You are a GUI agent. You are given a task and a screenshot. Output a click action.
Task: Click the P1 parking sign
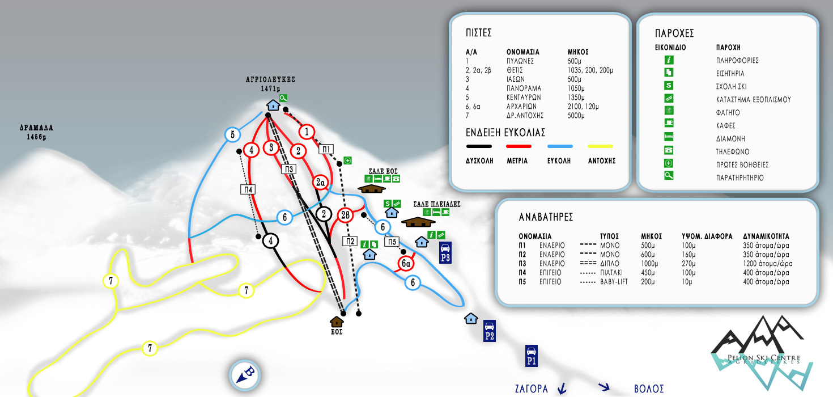pyautogui.click(x=532, y=356)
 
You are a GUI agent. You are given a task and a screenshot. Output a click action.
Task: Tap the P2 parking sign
pyautogui.click(x=490, y=331)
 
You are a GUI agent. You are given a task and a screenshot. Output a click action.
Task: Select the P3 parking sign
pyautogui.click(x=445, y=252)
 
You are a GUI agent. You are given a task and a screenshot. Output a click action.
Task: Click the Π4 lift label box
pyautogui.click(x=248, y=189)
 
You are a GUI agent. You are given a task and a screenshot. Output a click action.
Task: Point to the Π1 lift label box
pyautogui.click(x=326, y=149)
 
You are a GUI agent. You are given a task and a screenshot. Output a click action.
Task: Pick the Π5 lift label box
pyautogui.click(x=392, y=242)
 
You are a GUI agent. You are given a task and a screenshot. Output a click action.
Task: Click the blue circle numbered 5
pyautogui.click(x=233, y=134)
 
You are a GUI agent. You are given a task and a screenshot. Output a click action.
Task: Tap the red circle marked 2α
pyautogui.click(x=321, y=182)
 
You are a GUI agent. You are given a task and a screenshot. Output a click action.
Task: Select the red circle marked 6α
pyautogui.click(x=406, y=263)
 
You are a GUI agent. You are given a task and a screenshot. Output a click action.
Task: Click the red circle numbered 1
pyautogui.click(x=307, y=132)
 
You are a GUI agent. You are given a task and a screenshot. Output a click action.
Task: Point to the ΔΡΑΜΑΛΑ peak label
pyautogui.click(x=36, y=132)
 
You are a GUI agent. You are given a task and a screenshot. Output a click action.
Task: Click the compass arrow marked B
pyautogui.click(x=245, y=374)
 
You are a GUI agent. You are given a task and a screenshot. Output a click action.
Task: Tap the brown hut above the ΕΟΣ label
pyautogui.click(x=337, y=322)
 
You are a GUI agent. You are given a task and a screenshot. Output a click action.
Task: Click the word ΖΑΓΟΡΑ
pyautogui.click(x=532, y=389)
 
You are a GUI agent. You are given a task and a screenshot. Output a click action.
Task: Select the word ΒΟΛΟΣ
pyautogui.click(x=649, y=389)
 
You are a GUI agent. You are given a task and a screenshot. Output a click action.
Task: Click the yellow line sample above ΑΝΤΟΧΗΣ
pyautogui.click(x=600, y=146)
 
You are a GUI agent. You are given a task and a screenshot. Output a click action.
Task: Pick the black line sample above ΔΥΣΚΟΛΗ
pyautogui.click(x=479, y=146)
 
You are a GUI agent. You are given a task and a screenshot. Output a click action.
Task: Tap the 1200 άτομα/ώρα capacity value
pyautogui.click(x=767, y=263)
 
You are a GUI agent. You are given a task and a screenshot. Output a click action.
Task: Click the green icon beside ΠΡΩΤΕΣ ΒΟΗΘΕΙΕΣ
pyautogui.click(x=669, y=163)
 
